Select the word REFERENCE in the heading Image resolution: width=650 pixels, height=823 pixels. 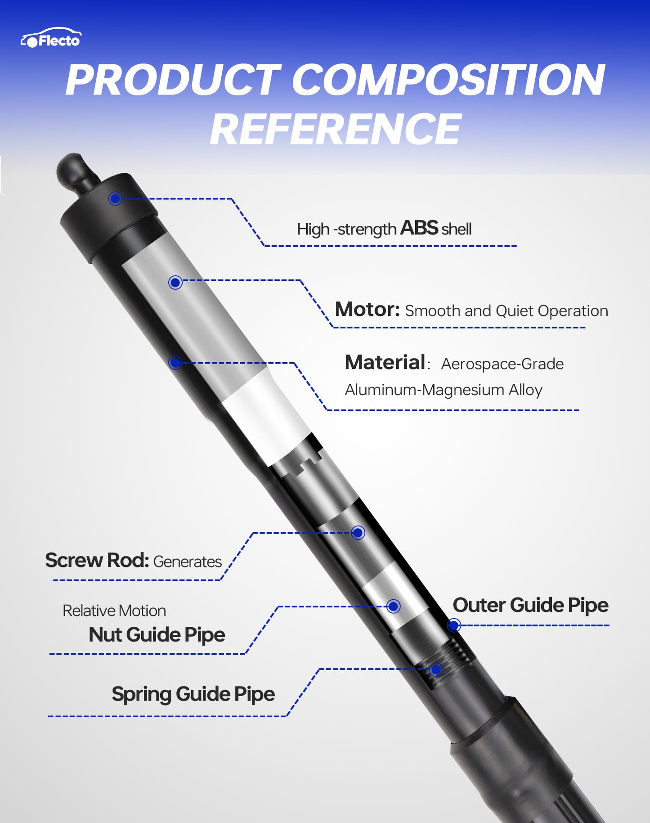pyautogui.click(x=336, y=130)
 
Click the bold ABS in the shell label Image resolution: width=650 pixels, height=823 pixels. pyautogui.click(x=419, y=228)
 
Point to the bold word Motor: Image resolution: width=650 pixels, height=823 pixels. pyautogui.click(x=367, y=310)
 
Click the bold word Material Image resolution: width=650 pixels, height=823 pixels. pyautogui.click(x=385, y=363)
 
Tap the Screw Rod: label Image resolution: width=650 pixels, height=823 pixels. pyautogui.click(x=97, y=560)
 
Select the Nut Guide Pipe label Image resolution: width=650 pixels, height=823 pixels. pyautogui.click(x=157, y=635)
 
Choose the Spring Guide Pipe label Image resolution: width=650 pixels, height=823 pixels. pyautogui.click(x=193, y=694)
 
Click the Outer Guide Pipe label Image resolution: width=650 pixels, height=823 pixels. pyautogui.click(x=530, y=605)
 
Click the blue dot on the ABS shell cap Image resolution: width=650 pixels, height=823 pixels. pyautogui.click(x=115, y=198)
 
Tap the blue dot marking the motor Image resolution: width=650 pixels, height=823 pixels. pyautogui.click(x=175, y=283)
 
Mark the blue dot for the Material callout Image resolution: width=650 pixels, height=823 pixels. pyautogui.click(x=175, y=363)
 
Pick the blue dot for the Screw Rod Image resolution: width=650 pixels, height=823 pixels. pyautogui.click(x=358, y=533)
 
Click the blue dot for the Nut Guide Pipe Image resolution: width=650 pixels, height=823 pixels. pyautogui.click(x=394, y=607)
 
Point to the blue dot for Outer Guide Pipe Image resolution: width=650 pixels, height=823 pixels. pyautogui.click(x=454, y=625)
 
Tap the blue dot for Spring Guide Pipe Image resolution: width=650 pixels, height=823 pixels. pyautogui.click(x=435, y=670)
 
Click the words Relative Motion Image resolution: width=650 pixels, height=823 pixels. pyautogui.click(x=114, y=611)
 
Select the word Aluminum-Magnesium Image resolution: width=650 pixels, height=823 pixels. pyautogui.click(x=424, y=390)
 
